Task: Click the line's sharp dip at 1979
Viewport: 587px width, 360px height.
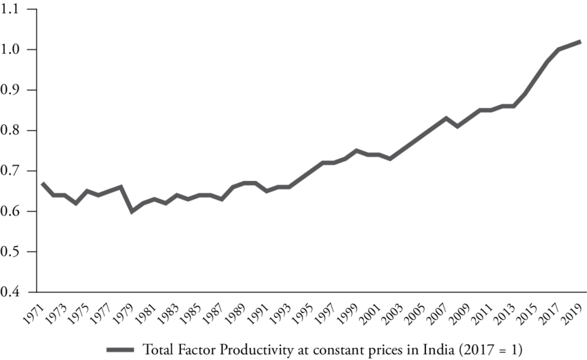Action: [133, 211]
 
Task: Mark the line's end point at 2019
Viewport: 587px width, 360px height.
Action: [581, 41]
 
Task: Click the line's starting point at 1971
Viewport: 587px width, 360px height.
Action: [43, 183]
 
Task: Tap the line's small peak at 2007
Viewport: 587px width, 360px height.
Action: [446, 118]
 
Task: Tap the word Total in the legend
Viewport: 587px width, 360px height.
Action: [157, 348]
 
